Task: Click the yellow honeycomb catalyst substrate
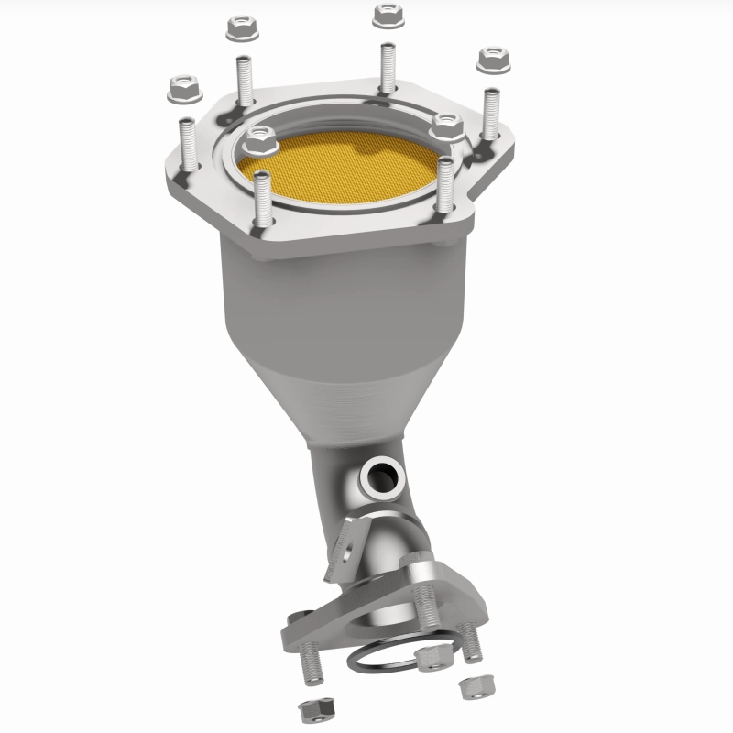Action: (x=344, y=165)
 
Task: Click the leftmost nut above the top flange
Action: (x=181, y=90)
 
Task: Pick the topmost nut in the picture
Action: (x=386, y=15)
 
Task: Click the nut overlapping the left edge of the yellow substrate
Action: (x=260, y=140)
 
